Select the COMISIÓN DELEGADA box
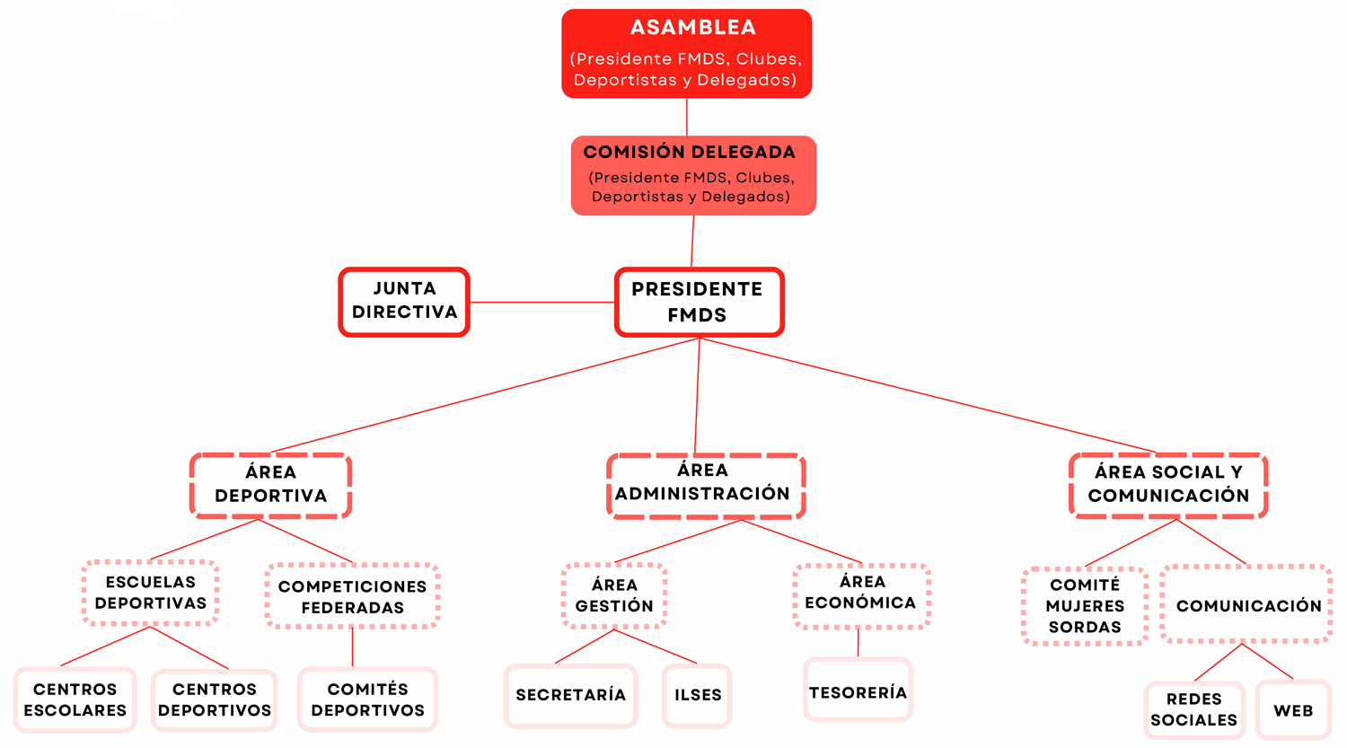(x=693, y=176)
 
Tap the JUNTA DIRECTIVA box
(x=404, y=302)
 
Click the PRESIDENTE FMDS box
(x=700, y=302)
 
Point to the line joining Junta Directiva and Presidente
(x=541, y=302)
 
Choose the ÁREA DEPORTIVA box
(x=270, y=485)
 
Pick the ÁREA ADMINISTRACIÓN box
(x=706, y=485)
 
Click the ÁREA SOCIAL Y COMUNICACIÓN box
(x=1168, y=485)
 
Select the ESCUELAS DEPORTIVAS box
(x=150, y=594)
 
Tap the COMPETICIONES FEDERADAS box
(x=352, y=596)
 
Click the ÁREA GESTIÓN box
(x=614, y=596)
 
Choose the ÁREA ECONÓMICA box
(x=862, y=596)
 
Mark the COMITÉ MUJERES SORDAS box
(x=1085, y=606)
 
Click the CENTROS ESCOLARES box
(x=75, y=700)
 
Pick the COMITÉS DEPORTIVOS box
(x=368, y=700)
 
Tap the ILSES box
(x=698, y=696)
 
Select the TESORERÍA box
(x=858, y=691)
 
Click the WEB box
(x=1293, y=710)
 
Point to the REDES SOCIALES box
(x=1194, y=710)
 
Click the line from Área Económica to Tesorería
(x=858, y=643)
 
